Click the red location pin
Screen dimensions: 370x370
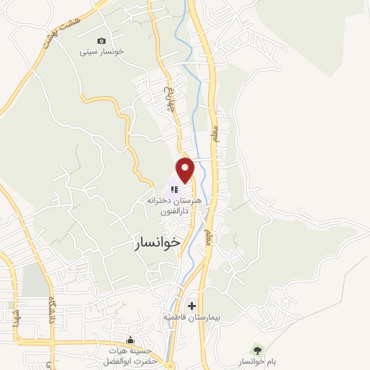[186, 169]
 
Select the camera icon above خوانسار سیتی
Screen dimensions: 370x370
[100, 40]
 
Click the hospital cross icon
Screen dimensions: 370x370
[192, 306]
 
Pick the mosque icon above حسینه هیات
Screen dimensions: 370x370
[130, 340]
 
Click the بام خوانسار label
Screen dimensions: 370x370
[252, 361]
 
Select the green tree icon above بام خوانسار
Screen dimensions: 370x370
[252, 350]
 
